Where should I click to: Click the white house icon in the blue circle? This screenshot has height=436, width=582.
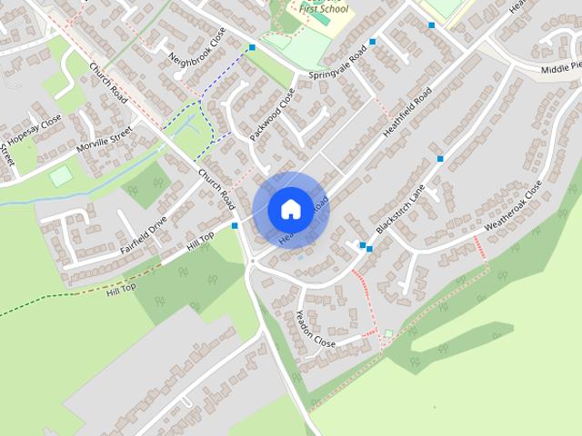click(290, 208)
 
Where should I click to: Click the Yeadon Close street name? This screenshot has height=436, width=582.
click(316, 329)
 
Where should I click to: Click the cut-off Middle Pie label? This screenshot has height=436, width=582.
click(560, 68)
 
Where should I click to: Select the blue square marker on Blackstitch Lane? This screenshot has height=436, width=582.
click(440, 159)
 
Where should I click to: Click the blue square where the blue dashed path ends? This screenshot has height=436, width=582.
click(252, 47)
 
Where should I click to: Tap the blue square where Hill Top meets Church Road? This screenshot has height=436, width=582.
click(235, 225)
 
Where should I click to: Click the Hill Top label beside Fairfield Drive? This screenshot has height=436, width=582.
click(200, 241)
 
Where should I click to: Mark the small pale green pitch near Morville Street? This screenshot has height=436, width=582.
click(60, 175)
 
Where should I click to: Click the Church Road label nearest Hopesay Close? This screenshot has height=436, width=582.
click(107, 82)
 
